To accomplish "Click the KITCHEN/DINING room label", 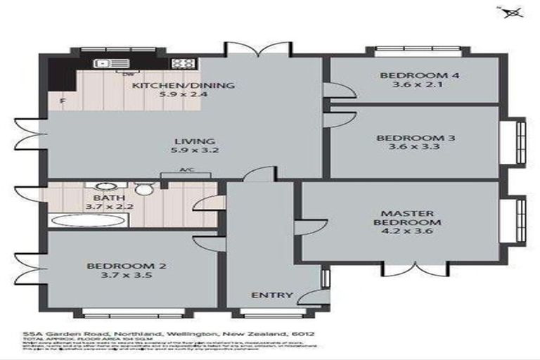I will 184,86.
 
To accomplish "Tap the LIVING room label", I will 185,141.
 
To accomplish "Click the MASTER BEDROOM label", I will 411,218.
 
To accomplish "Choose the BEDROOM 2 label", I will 126,266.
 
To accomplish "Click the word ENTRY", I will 271,295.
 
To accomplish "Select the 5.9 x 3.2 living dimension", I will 185,150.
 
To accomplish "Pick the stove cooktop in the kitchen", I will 183,63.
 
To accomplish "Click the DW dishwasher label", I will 129,74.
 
